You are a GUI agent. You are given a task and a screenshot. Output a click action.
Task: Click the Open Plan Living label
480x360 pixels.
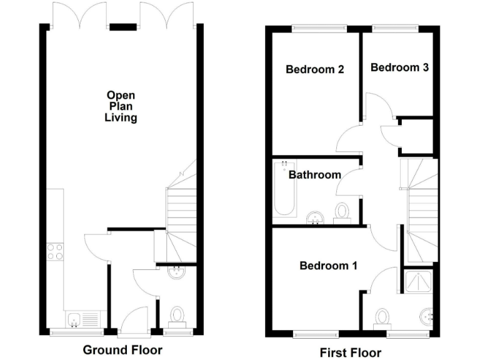tap(121, 106)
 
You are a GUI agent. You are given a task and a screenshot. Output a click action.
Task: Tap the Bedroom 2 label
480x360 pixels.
tap(315, 69)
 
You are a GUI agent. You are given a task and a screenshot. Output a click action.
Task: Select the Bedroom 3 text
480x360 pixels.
tap(399, 67)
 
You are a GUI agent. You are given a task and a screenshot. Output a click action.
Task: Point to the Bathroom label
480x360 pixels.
tap(314, 175)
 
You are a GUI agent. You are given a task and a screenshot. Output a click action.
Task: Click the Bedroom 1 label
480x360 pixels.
tap(328, 266)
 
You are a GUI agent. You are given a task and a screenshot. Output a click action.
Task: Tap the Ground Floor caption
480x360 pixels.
tap(122, 350)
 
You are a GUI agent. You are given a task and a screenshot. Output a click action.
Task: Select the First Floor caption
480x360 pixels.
tap(350, 353)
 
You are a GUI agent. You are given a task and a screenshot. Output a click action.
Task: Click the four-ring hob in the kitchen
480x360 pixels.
tap(54, 251)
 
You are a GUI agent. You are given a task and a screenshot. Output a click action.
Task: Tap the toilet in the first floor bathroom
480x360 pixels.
tap(342, 212)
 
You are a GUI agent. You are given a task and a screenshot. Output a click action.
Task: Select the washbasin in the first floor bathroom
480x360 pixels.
tap(317, 217)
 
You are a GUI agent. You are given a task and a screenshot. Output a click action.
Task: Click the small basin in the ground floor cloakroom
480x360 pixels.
tap(177, 272)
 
